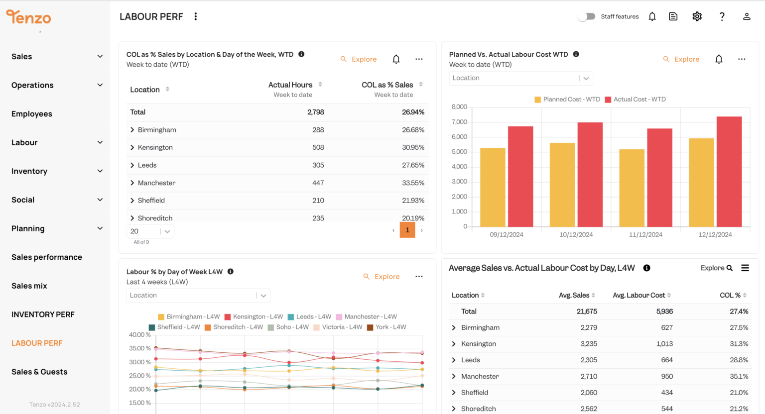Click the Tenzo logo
pyautogui.click(x=28, y=17)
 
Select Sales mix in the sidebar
pyautogui.click(x=29, y=286)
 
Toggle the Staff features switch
pyautogui.click(x=587, y=16)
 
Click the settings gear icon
pyautogui.click(x=697, y=16)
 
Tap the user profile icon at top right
pyautogui.click(x=746, y=16)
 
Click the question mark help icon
pyautogui.click(x=722, y=16)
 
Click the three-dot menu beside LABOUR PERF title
pyautogui.click(x=196, y=16)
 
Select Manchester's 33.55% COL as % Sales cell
pyautogui.click(x=413, y=183)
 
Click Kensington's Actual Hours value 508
pyautogui.click(x=318, y=147)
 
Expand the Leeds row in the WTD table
pyautogui.click(x=132, y=165)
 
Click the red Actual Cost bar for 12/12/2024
pyautogui.click(x=729, y=172)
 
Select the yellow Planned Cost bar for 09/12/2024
pyautogui.click(x=493, y=187)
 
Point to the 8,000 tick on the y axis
pyautogui.click(x=459, y=107)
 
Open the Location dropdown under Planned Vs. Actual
pyautogui.click(x=520, y=78)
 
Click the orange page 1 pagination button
pyautogui.click(x=407, y=230)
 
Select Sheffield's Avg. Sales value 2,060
pyautogui.click(x=588, y=393)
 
